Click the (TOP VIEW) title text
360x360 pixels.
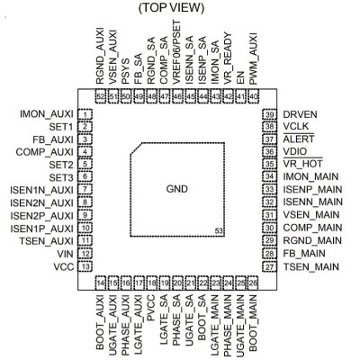[x=171, y=8]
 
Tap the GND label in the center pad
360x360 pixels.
[x=177, y=189]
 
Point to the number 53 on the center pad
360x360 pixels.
[x=219, y=230]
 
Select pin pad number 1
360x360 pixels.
[x=85, y=114]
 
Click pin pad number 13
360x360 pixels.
[x=85, y=266]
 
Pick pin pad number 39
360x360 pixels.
[x=269, y=114]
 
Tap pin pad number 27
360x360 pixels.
[x=269, y=266]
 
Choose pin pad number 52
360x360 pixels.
[x=101, y=96]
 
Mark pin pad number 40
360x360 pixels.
[x=254, y=96]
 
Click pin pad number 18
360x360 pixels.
[x=152, y=283]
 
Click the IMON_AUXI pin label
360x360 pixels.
[x=47, y=114]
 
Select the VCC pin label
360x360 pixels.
[x=64, y=266]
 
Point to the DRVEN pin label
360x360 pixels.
[x=300, y=114]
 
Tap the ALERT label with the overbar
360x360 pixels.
[x=299, y=139]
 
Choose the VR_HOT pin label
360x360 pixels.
[x=302, y=164]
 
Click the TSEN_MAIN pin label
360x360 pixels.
[x=311, y=266]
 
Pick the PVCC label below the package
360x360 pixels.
[x=151, y=308]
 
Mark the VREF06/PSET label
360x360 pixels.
[x=177, y=52]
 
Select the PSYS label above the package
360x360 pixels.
[x=126, y=71]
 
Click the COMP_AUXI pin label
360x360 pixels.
[x=44, y=152]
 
